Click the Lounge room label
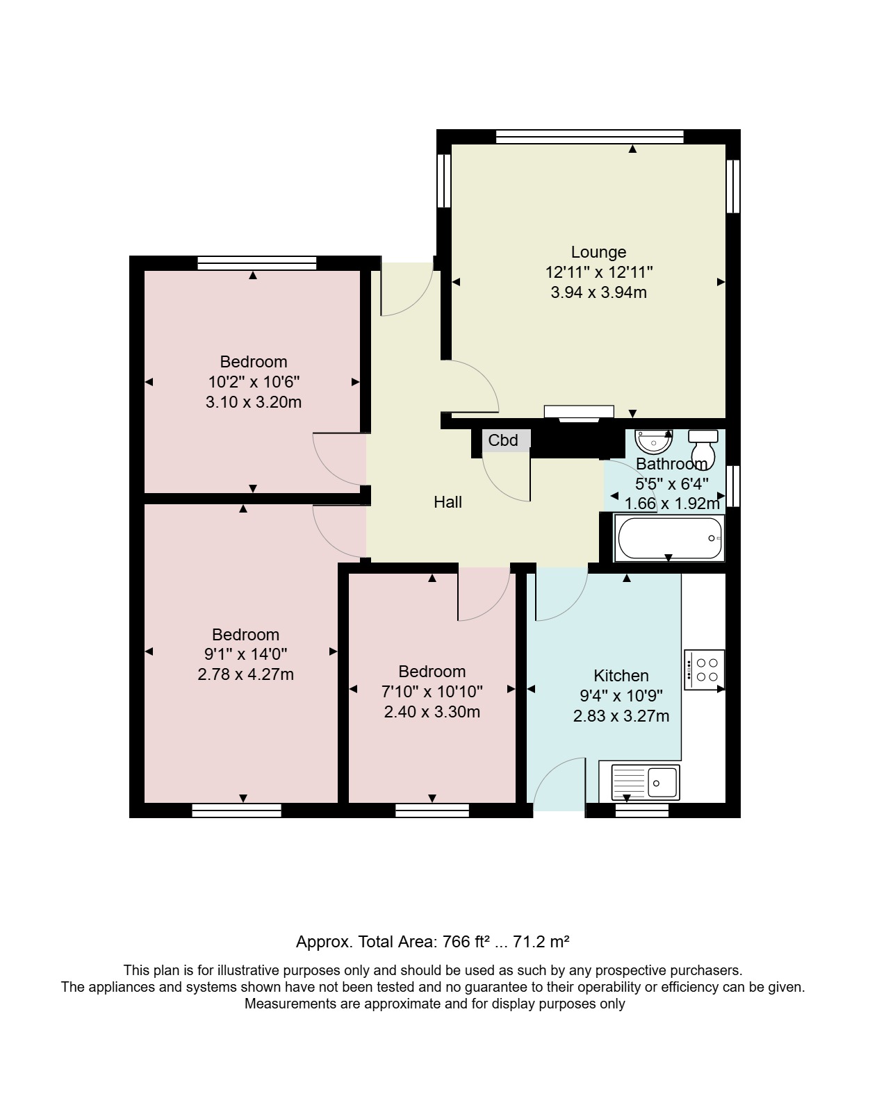click(598, 252)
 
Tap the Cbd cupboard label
click(502, 440)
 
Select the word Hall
click(448, 502)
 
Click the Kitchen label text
click(621, 675)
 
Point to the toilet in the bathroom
click(703, 446)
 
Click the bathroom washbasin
click(653, 441)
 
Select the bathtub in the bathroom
click(670, 538)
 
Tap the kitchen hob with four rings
click(705, 670)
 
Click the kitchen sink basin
click(662, 782)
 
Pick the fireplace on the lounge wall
click(579, 413)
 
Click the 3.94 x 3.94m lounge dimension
click(598, 292)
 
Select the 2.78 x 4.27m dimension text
click(246, 674)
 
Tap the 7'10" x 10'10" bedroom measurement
click(432, 692)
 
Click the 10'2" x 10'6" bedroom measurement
click(254, 382)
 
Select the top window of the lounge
click(590, 136)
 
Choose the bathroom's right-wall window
click(733, 486)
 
